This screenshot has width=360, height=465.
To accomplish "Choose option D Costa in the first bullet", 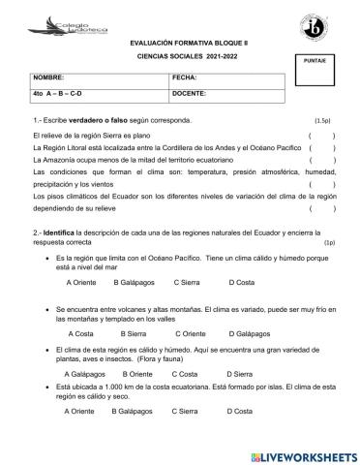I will point(241,282).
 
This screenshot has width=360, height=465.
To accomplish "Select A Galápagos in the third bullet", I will point(84,373).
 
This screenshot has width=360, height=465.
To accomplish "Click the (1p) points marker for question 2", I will point(329,243).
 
